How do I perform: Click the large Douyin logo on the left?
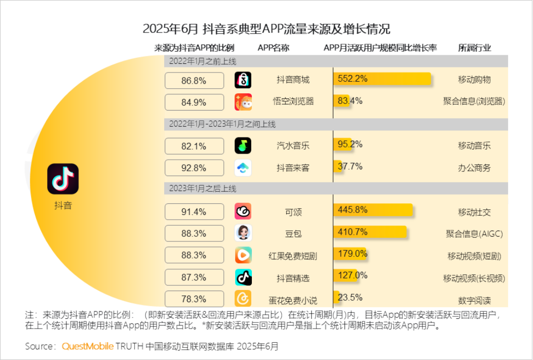click(x=63, y=178)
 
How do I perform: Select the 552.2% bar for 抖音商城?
click(x=382, y=79)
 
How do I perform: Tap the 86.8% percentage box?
click(x=194, y=80)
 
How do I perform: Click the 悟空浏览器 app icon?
click(x=243, y=102)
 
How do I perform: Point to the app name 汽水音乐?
click(x=293, y=146)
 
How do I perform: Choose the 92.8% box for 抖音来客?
click(x=194, y=168)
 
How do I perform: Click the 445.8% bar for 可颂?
click(x=373, y=210)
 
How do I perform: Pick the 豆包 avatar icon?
click(x=243, y=233)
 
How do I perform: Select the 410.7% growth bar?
click(x=370, y=232)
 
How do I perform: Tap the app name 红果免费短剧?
click(x=293, y=256)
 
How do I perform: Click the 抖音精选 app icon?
click(x=243, y=277)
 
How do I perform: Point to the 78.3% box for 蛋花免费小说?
click(x=194, y=299)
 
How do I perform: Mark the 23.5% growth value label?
click(x=351, y=298)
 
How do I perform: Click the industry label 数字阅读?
click(x=474, y=300)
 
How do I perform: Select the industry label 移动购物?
click(x=474, y=80)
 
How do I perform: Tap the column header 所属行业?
click(x=474, y=48)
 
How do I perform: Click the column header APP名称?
click(x=273, y=48)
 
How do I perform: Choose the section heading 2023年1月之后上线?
click(x=203, y=189)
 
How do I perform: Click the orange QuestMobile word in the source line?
click(x=88, y=346)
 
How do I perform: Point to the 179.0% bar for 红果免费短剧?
click(x=350, y=254)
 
